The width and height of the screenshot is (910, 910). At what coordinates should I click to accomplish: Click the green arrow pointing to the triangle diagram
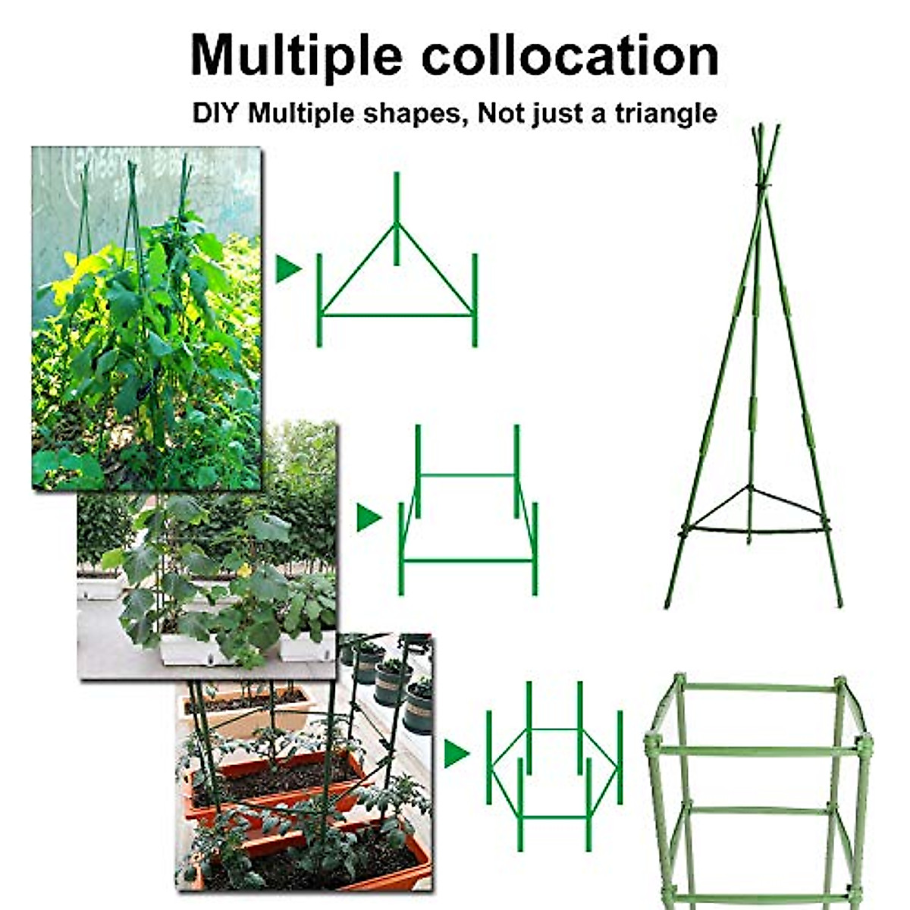287,269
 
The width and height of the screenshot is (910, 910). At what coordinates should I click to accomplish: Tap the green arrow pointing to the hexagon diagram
456,753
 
